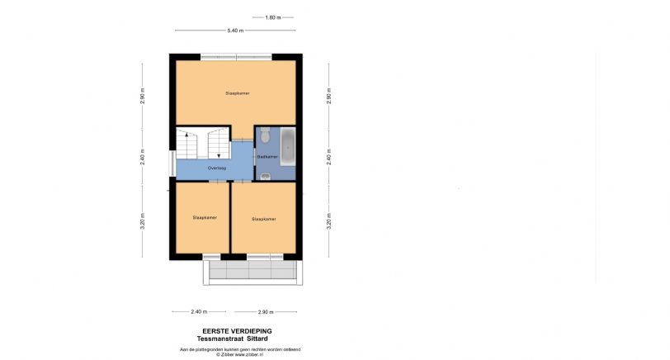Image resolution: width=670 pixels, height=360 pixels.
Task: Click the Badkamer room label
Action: (266, 156)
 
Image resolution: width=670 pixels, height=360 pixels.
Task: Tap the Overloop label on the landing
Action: (205, 168)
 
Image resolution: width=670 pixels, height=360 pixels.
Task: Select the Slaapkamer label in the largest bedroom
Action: (237, 93)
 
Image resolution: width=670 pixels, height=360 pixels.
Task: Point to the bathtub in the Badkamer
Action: (287, 146)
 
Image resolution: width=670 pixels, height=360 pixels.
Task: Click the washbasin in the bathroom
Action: (264, 175)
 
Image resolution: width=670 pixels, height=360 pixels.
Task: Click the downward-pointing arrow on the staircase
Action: (219, 153)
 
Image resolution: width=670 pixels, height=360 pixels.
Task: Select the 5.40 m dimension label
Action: (235, 31)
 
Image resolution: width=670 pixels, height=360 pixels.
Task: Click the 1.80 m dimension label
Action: (273, 17)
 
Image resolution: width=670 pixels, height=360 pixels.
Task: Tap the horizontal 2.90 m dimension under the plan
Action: (265, 312)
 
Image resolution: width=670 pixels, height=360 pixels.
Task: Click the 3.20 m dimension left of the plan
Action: (142, 221)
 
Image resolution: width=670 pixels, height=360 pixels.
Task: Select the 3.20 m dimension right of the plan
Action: (329, 221)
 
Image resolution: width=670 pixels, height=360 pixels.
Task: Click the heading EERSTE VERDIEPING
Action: (237, 331)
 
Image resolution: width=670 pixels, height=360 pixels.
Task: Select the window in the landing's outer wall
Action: (172, 163)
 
